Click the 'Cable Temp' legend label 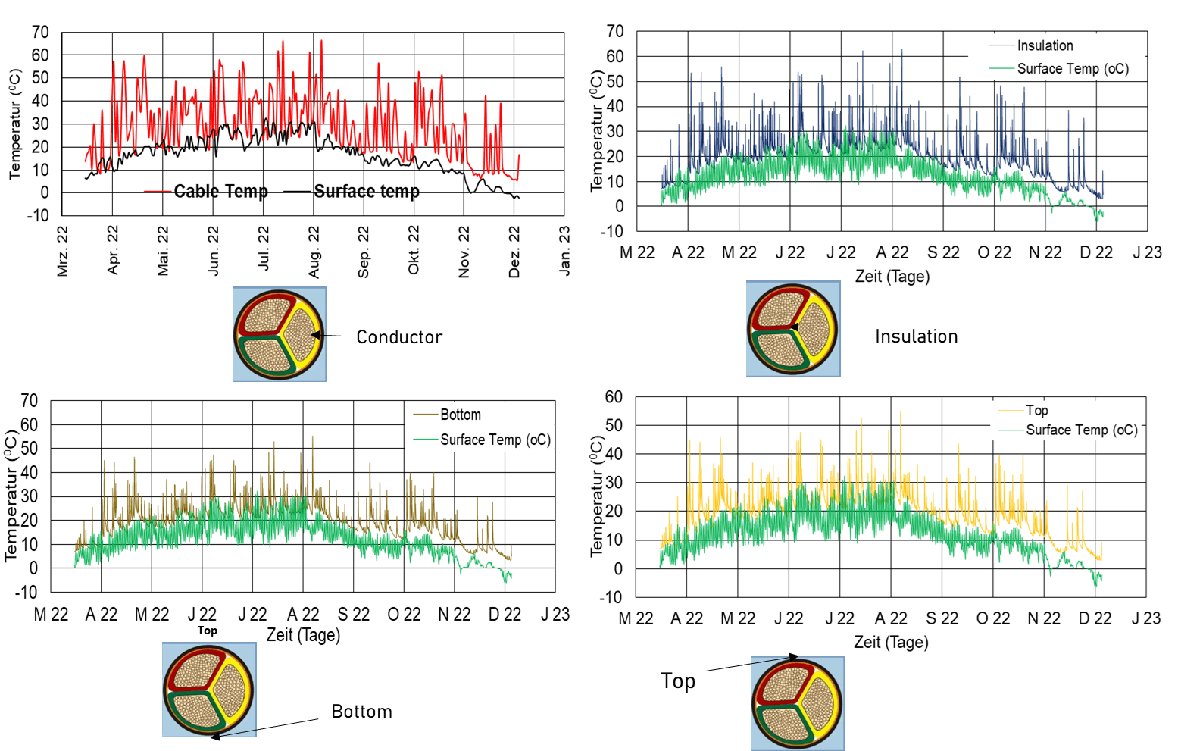pos(220,192)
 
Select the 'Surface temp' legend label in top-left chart pos(367,192)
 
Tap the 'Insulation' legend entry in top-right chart pos(1045,45)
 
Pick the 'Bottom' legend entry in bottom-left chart pos(460,415)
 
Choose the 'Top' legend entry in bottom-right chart pos(1037,410)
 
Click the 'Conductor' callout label pos(399,337)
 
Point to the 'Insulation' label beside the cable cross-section pos(916,336)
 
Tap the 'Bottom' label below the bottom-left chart pos(361,712)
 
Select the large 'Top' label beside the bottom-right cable pos(677,681)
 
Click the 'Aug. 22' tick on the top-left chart pos(314,252)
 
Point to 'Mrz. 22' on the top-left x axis pos(63,252)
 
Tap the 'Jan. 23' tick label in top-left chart pos(564,252)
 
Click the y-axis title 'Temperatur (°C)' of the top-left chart pos(15,124)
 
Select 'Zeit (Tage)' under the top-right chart pos(892,277)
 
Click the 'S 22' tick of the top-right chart pos(943,252)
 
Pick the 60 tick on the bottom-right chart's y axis pos(614,396)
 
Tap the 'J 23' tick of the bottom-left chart pos(555,615)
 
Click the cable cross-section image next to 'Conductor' pos(280,334)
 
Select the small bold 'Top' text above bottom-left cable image pos(207,631)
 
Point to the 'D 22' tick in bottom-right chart pos(1095,618)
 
